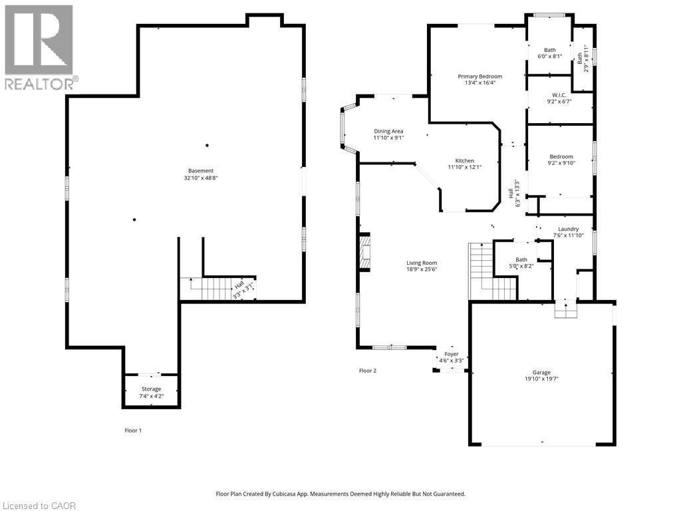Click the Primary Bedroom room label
coord(479,77)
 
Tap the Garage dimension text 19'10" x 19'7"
coord(541,380)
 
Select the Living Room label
coord(422,263)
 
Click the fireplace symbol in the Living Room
coord(364,254)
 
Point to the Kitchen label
coord(464,161)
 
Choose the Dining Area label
coord(388,131)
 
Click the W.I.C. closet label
coord(559,95)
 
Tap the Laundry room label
coord(568,229)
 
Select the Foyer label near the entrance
coord(452,354)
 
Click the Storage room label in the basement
coord(151,389)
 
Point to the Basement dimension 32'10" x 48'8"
coord(200,178)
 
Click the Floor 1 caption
coord(133,430)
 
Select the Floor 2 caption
coord(368,371)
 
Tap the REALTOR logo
coord(39,47)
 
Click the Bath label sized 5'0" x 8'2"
coord(521,259)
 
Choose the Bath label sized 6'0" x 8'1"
coord(549,50)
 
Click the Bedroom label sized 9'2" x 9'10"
coord(561,157)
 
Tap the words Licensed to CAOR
coord(39,506)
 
